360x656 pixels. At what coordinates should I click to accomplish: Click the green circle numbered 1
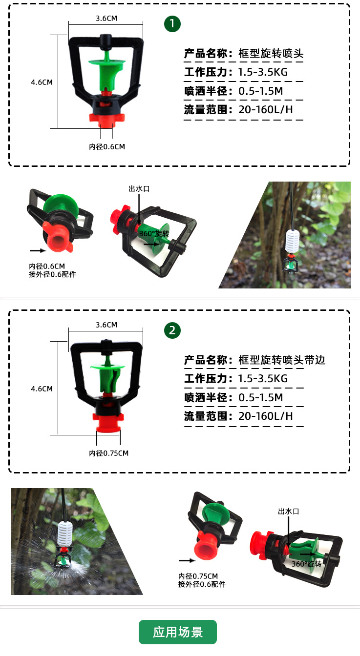pos(172,24)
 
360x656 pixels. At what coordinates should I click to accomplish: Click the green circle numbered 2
pos(172,330)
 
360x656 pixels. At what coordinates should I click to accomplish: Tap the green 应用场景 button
pos(178,632)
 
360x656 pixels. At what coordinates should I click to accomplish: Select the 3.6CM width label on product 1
pos(106,19)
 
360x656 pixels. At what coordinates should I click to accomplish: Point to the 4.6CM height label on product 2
pos(42,389)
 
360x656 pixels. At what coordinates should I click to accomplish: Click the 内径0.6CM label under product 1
pos(106,146)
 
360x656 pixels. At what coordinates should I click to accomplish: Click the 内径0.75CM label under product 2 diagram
pos(108,453)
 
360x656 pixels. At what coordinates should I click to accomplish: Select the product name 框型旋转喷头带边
pos(282,360)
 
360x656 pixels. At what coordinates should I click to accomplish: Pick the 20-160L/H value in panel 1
pos(266,110)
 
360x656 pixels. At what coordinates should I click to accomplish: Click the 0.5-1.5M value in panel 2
pos(261,398)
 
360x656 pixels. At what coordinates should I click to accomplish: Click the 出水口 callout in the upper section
pos(138,188)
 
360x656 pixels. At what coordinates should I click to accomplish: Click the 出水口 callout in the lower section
pos(288,511)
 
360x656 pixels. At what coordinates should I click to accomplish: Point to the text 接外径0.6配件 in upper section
pos(52,274)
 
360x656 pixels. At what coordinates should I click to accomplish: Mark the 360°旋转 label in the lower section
pos(306,564)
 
